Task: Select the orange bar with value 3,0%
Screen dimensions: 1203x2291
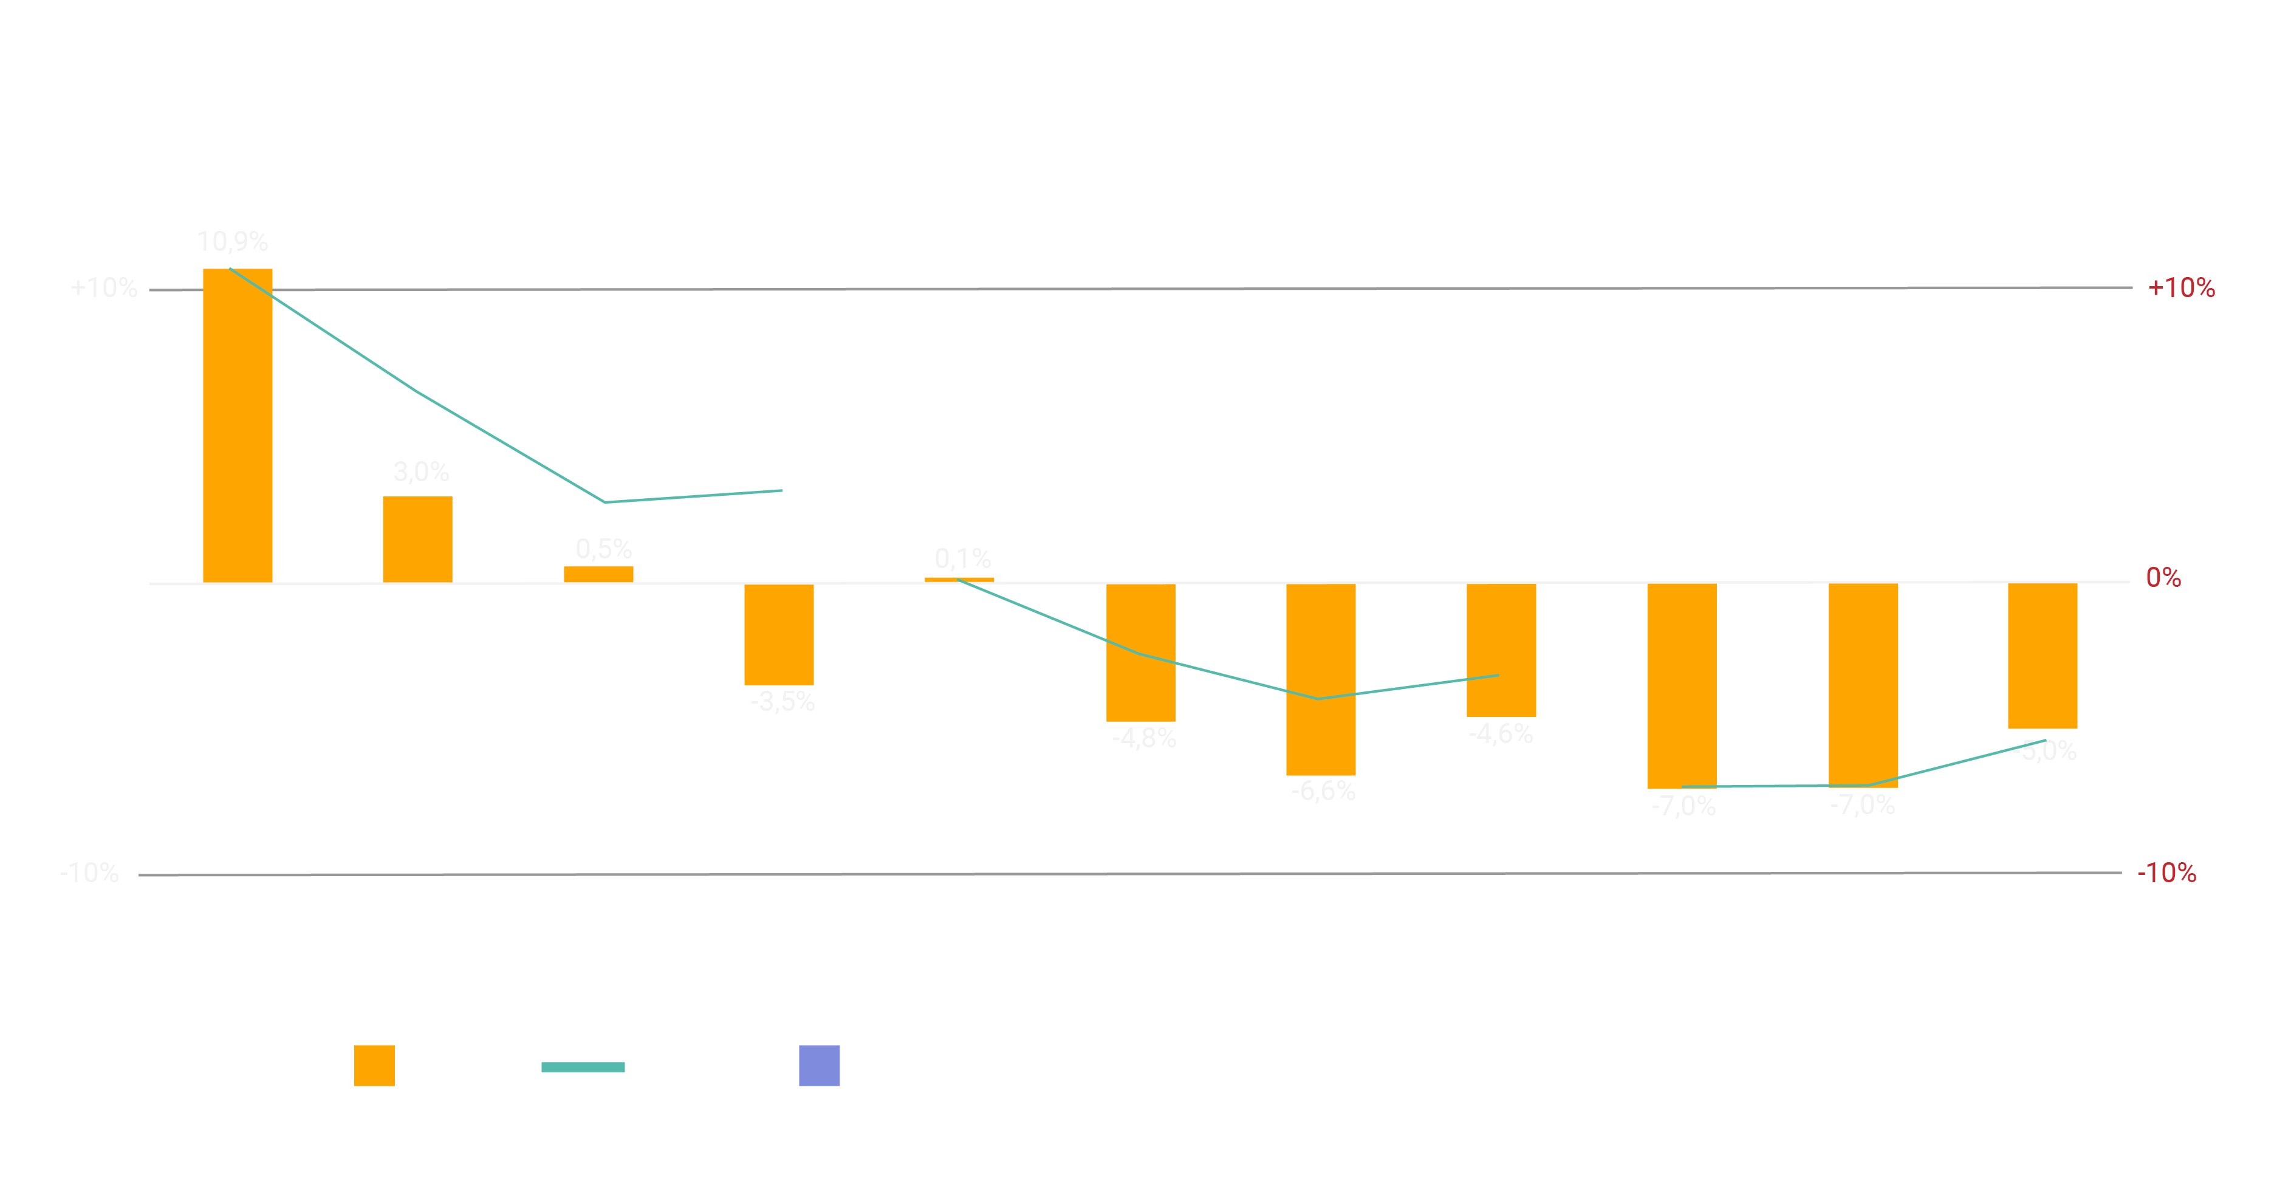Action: click(x=417, y=539)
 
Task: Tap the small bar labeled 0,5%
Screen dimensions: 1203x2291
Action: click(x=598, y=574)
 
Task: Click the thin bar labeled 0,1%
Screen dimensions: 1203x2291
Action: click(x=960, y=579)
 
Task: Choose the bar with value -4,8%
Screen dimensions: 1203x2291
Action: click(x=1140, y=652)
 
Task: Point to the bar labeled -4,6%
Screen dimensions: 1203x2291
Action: click(x=1501, y=650)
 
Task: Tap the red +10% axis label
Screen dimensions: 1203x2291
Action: click(x=2180, y=288)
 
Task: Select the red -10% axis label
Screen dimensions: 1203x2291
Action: click(x=2166, y=873)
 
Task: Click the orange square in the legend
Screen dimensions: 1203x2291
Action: click(x=374, y=1065)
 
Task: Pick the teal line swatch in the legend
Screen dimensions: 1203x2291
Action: click(x=583, y=1067)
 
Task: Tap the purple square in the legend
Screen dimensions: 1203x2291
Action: click(x=819, y=1065)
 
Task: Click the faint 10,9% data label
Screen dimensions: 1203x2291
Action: click(x=232, y=242)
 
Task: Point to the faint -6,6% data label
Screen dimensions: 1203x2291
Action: click(x=1323, y=790)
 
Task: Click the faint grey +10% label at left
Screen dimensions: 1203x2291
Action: click(x=104, y=288)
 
